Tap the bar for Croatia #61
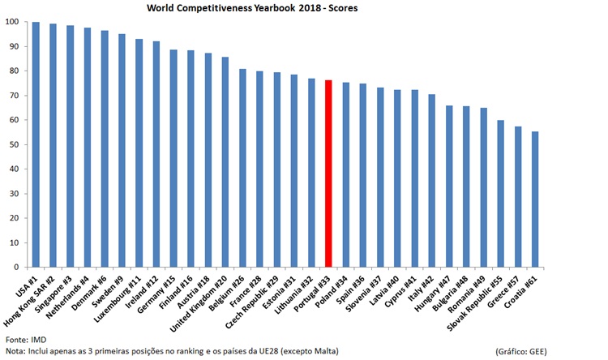click(534, 199)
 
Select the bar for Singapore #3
click(70, 146)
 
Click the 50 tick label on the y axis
click(14, 144)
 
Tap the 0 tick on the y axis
click(16, 267)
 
